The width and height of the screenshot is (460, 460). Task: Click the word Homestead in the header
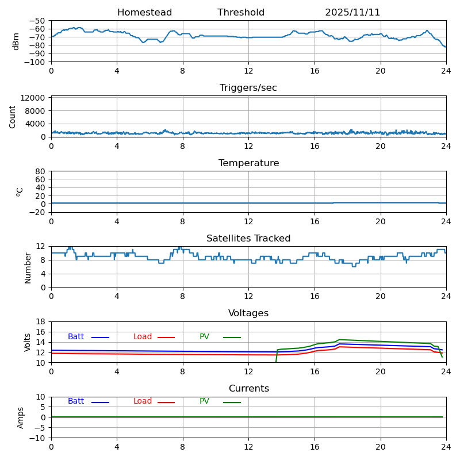[x=144, y=13]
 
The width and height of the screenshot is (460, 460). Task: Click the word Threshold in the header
[x=241, y=13]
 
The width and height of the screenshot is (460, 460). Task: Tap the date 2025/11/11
[x=352, y=13]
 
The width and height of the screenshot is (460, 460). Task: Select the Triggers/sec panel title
[x=248, y=88]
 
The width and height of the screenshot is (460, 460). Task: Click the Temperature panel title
[x=248, y=163]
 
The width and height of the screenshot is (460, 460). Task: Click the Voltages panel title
[x=248, y=313]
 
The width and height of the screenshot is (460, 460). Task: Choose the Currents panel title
[x=248, y=389]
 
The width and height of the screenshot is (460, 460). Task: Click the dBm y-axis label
[x=16, y=41]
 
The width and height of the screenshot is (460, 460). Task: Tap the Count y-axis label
[x=13, y=116]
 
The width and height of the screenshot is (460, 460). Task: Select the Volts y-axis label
[x=28, y=342]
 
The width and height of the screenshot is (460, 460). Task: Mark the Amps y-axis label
[x=21, y=417]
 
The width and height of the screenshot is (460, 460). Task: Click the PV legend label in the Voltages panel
[x=204, y=337]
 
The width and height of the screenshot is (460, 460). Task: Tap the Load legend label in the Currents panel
[x=143, y=401]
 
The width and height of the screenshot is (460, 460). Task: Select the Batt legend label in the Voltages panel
[x=76, y=337]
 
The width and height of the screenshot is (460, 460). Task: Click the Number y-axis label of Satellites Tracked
[x=28, y=267]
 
